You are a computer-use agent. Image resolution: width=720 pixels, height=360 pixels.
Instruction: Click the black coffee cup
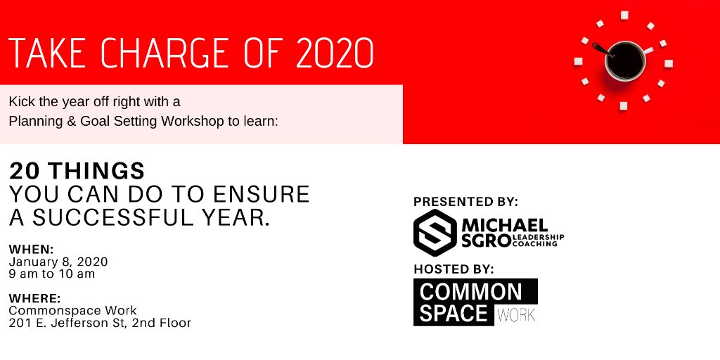click(x=624, y=60)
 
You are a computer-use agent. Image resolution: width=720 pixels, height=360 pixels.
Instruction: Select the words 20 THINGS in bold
click(x=77, y=171)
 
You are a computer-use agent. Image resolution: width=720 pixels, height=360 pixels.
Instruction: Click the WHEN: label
click(x=31, y=250)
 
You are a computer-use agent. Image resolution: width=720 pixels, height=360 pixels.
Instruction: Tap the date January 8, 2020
click(x=58, y=262)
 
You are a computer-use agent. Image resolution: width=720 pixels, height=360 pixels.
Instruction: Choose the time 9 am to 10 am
click(x=52, y=274)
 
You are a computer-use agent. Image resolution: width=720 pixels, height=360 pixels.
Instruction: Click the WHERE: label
click(x=34, y=299)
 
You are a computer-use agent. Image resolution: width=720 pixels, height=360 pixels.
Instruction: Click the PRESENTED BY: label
click(x=465, y=202)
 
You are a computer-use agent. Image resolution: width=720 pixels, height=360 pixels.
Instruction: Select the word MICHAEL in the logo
click(x=505, y=225)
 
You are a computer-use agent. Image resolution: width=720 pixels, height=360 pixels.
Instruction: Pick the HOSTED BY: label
click(x=454, y=269)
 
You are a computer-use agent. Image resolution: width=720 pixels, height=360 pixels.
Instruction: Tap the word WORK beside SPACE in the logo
click(x=515, y=315)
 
